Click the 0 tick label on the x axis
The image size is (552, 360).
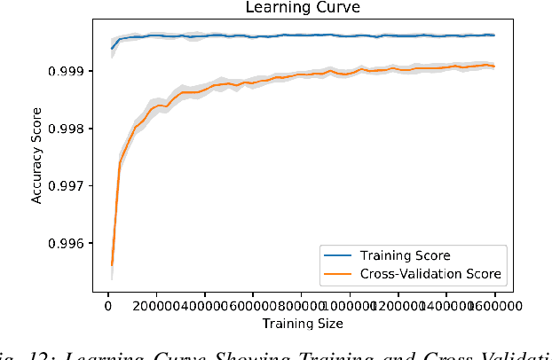pos(107,305)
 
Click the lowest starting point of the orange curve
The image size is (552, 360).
pos(111,264)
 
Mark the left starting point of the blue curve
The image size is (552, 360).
pos(111,48)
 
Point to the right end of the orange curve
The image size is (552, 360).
pos(494,67)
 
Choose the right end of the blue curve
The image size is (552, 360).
pos(494,35)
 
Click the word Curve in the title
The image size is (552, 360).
pos(331,8)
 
